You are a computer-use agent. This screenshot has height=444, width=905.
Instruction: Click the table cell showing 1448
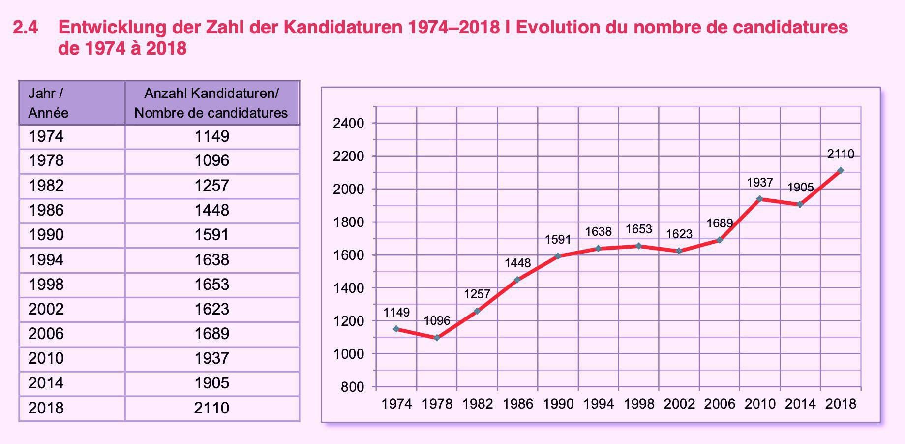click(211, 210)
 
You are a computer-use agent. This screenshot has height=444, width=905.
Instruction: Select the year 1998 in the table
click(46, 285)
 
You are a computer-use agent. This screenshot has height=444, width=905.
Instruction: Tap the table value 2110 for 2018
click(211, 408)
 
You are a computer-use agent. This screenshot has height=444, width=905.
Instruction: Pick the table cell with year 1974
click(46, 136)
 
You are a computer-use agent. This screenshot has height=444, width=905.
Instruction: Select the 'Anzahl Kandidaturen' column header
click(211, 103)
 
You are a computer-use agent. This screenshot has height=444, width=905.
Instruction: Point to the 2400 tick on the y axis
click(348, 123)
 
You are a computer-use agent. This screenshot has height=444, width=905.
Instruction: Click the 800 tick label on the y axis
click(352, 387)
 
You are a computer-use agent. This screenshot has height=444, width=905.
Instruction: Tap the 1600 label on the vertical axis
click(348, 255)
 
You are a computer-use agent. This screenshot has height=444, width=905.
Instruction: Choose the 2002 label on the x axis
click(679, 404)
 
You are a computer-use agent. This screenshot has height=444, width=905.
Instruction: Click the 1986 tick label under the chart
click(517, 404)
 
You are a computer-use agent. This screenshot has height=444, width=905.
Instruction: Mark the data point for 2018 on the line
click(841, 171)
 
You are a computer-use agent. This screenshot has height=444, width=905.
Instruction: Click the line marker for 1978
click(437, 338)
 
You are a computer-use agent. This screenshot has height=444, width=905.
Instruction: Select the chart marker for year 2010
click(759, 199)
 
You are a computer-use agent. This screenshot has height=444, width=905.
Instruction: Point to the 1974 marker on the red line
click(396, 329)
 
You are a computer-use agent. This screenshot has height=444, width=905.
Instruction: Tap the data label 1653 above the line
click(638, 229)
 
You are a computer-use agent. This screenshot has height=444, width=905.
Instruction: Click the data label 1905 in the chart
click(800, 188)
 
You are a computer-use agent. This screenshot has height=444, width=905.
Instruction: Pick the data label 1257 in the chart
click(477, 294)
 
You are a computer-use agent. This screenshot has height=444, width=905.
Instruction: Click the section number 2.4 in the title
click(26, 28)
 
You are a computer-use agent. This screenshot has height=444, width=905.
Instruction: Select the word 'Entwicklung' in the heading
click(112, 28)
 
